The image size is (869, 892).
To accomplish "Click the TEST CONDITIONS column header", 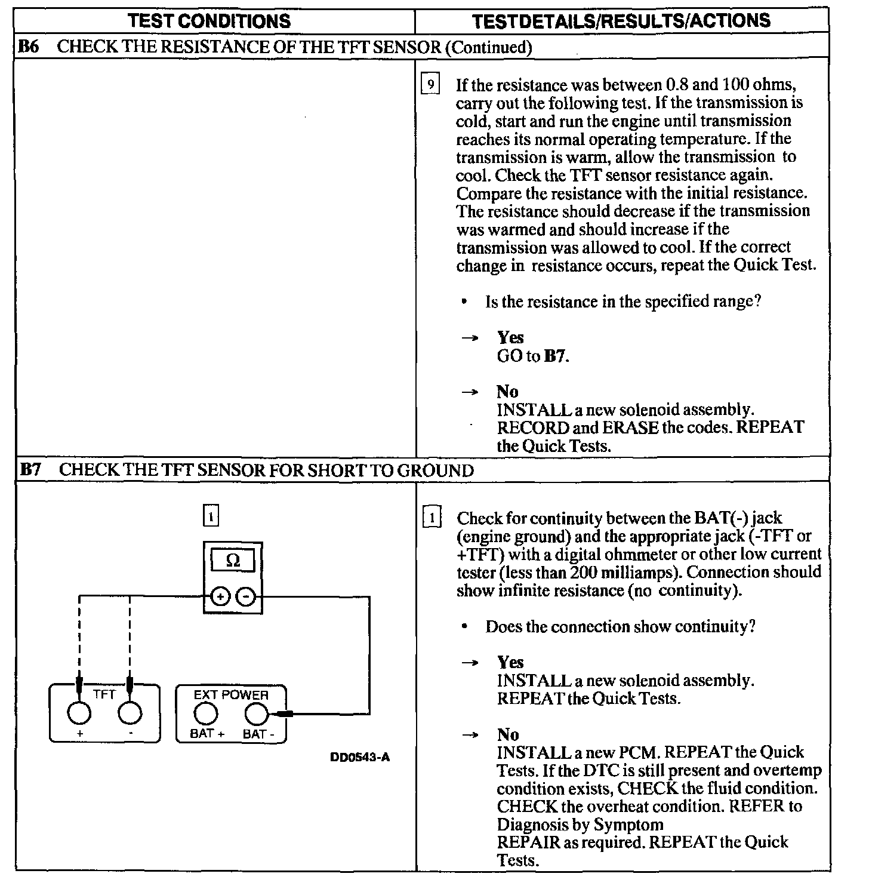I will point(209,21).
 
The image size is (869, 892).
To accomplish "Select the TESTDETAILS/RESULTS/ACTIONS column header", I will point(621,21).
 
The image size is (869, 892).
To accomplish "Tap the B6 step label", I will point(29,47).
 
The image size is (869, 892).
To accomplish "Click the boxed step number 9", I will point(430,85).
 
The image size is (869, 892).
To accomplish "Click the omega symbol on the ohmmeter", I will point(233,561).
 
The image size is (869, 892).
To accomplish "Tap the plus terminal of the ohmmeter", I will point(221,596).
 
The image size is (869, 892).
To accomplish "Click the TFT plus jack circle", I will point(79,712).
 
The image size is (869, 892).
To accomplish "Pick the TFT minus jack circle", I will point(130,712).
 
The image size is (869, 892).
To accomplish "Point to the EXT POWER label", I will point(231,695).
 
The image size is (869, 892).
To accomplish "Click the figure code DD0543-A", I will point(360,758).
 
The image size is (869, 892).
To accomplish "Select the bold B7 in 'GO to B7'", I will point(556,356).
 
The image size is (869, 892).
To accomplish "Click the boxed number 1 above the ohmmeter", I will point(211,516).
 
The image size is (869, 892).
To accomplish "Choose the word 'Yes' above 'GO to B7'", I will point(510,337).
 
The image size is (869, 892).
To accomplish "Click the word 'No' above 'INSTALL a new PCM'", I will point(508,734).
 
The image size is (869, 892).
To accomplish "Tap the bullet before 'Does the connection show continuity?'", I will point(464,627).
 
